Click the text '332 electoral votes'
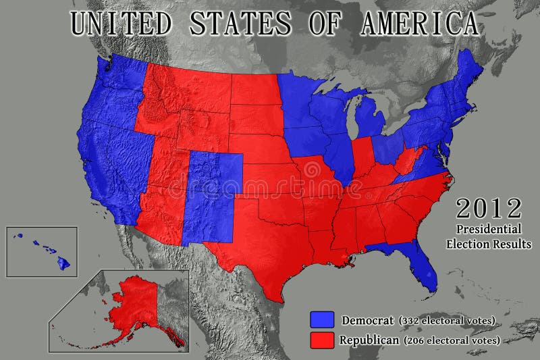pos(447,319)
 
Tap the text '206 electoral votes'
pos(452,340)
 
